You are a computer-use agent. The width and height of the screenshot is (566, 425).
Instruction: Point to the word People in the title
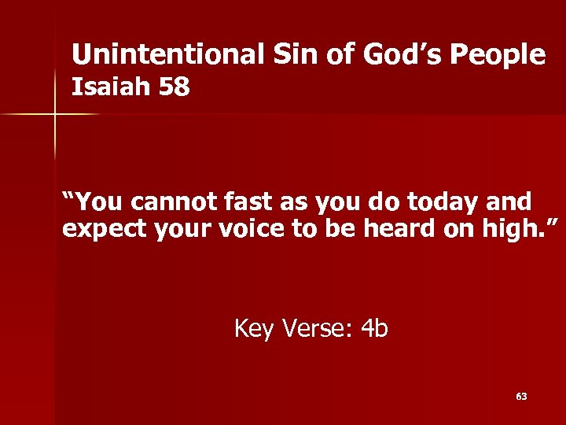click(x=496, y=55)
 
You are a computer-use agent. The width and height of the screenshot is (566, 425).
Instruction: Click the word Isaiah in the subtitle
click(x=110, y=87)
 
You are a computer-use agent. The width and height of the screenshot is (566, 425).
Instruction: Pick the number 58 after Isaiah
click(x=173, y=87)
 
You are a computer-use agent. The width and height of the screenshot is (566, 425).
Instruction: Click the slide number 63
click(x=521, y=397)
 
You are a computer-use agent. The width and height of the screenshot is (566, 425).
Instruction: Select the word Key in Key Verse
click(x=253, y=329)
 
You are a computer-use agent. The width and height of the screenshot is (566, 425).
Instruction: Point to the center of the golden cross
click(x=55, y=115)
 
